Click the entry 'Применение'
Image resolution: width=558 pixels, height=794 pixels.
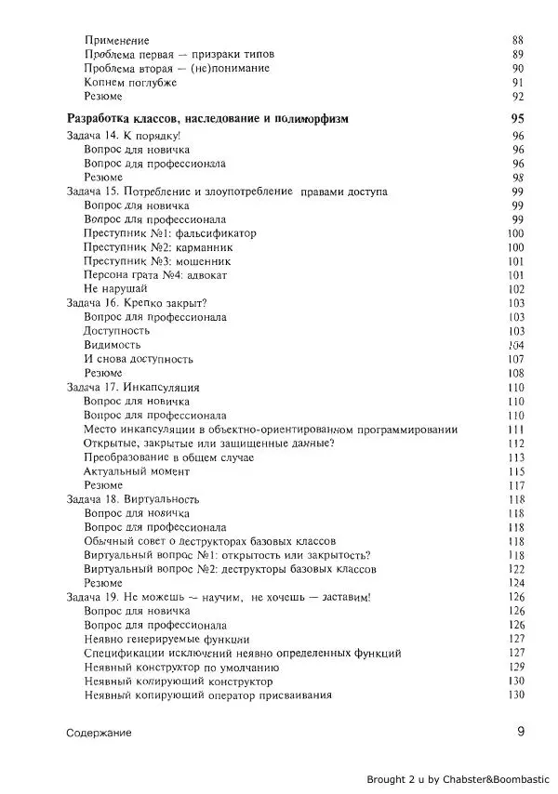pyautogui.click(x=116, y=40)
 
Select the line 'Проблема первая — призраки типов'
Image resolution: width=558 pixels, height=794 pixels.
pyautogui.click(x=179, y=54)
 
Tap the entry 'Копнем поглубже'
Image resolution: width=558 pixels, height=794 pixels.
pyautogui.click(x=130, y=82)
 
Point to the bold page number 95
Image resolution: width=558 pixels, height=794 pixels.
pyautogui.click(x=518, y=119)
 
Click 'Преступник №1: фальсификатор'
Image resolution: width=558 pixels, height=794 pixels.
pyautogui.click(x=169, y=233)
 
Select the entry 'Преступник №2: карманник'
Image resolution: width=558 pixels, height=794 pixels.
pyautogui.click(x=158, y=247)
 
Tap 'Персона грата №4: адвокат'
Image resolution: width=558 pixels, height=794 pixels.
pyautogui.click(x=155, y=275)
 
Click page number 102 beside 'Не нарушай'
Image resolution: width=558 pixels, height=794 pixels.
pyautogui.click(x=517, y=289)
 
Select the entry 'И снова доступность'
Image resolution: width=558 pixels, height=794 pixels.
pyautogui.click(x=139, y=358)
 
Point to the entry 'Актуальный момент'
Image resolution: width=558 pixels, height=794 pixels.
pyautogui.click(x=135, y=470)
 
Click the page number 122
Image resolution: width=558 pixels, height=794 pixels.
pyautogui.click(x=517, y=568)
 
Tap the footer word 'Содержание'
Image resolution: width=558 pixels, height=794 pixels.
pyautogui.click(x=99, y=733)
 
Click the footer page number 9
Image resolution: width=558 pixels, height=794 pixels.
pyautogui.click(x=521, y=731)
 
